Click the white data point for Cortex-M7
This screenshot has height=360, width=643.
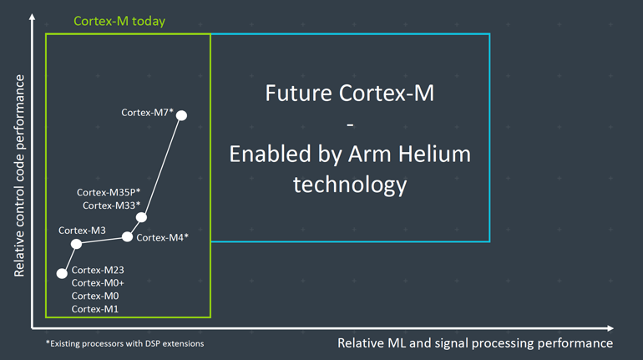click(x=181, y=115)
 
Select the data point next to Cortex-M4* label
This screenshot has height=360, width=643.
click(x=127, y=236)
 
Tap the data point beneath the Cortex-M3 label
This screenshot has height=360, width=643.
click(x=76, y=244)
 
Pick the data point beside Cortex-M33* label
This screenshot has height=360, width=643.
click(x=141, y=217)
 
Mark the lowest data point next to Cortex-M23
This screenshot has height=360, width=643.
click(x=61, y=273)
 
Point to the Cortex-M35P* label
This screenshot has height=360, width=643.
click(x=109, y=192)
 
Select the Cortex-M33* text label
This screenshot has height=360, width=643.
click(x=111, y=205)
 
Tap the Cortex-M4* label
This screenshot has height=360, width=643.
click(x=162, y=237)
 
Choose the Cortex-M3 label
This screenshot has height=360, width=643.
click(x=82, y=230)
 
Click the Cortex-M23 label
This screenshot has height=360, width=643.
click(x=98, y=270)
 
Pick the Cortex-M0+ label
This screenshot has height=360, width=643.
click(x=98, y=283)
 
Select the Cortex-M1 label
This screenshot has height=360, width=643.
click(x=95, y=309)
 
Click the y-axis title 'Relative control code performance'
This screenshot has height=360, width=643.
click(x=18, y=175)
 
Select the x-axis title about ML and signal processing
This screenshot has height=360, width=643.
click(x=474, y=343)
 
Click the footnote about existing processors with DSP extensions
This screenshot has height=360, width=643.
click(x=124, y=343)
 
